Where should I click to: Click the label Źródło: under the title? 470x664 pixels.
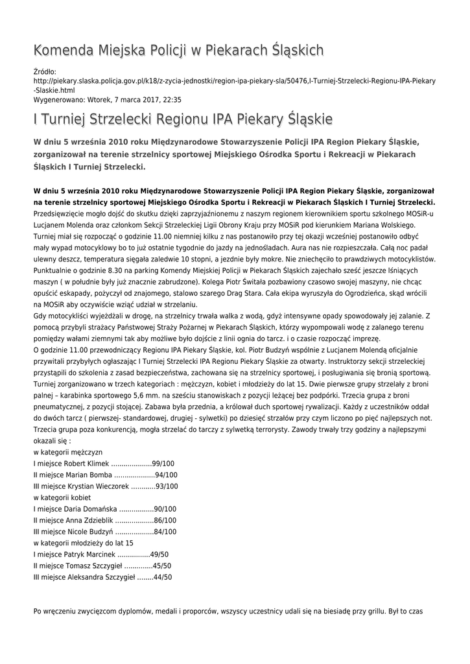click(45, 71)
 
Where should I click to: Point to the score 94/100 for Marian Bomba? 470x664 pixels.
click(167, 475)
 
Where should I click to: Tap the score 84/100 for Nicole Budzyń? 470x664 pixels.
click(166, 531)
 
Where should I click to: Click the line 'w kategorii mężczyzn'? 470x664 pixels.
click(67, 452)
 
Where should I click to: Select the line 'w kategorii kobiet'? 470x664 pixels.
click(62, 497)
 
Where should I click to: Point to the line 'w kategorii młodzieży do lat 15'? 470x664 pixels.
click(83, 543)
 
